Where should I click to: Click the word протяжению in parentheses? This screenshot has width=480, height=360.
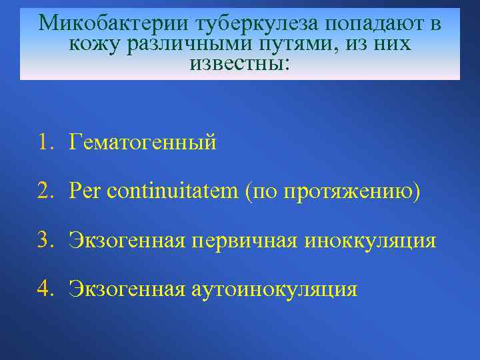pyautogui.click(x=351, y=192)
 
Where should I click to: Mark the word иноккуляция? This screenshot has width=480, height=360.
pyautogui.click(x=371, y=241)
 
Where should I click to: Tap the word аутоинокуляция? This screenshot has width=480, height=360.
pyautogui.click(x=274, y=289)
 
